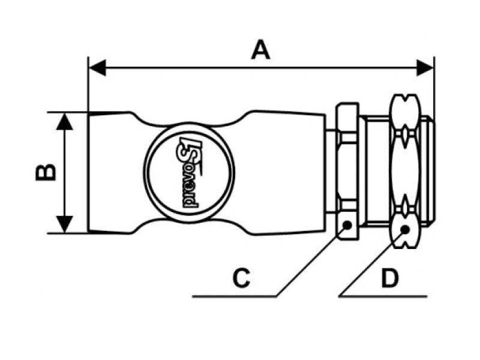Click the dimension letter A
click(x=260, y=50)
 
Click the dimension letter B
click(x=46, y=172)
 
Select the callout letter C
click(x=241, y=278)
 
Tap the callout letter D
click(x=390, y=278)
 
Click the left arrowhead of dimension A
click(x=97, y=68)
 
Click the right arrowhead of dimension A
click(x=425, y=68)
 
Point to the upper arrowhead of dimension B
click(x=65, y=121)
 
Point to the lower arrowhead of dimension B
click(x=65, y=224)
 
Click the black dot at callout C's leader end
click(x=347, y=226)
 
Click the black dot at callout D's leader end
click(x=405, y=230)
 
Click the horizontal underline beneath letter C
click(x=234, y=296)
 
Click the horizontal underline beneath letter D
click(x=383, y=296)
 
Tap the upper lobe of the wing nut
click(x=404, y=111)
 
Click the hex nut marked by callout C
click(x=347, y=171)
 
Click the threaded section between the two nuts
click(x=374, y=171)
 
